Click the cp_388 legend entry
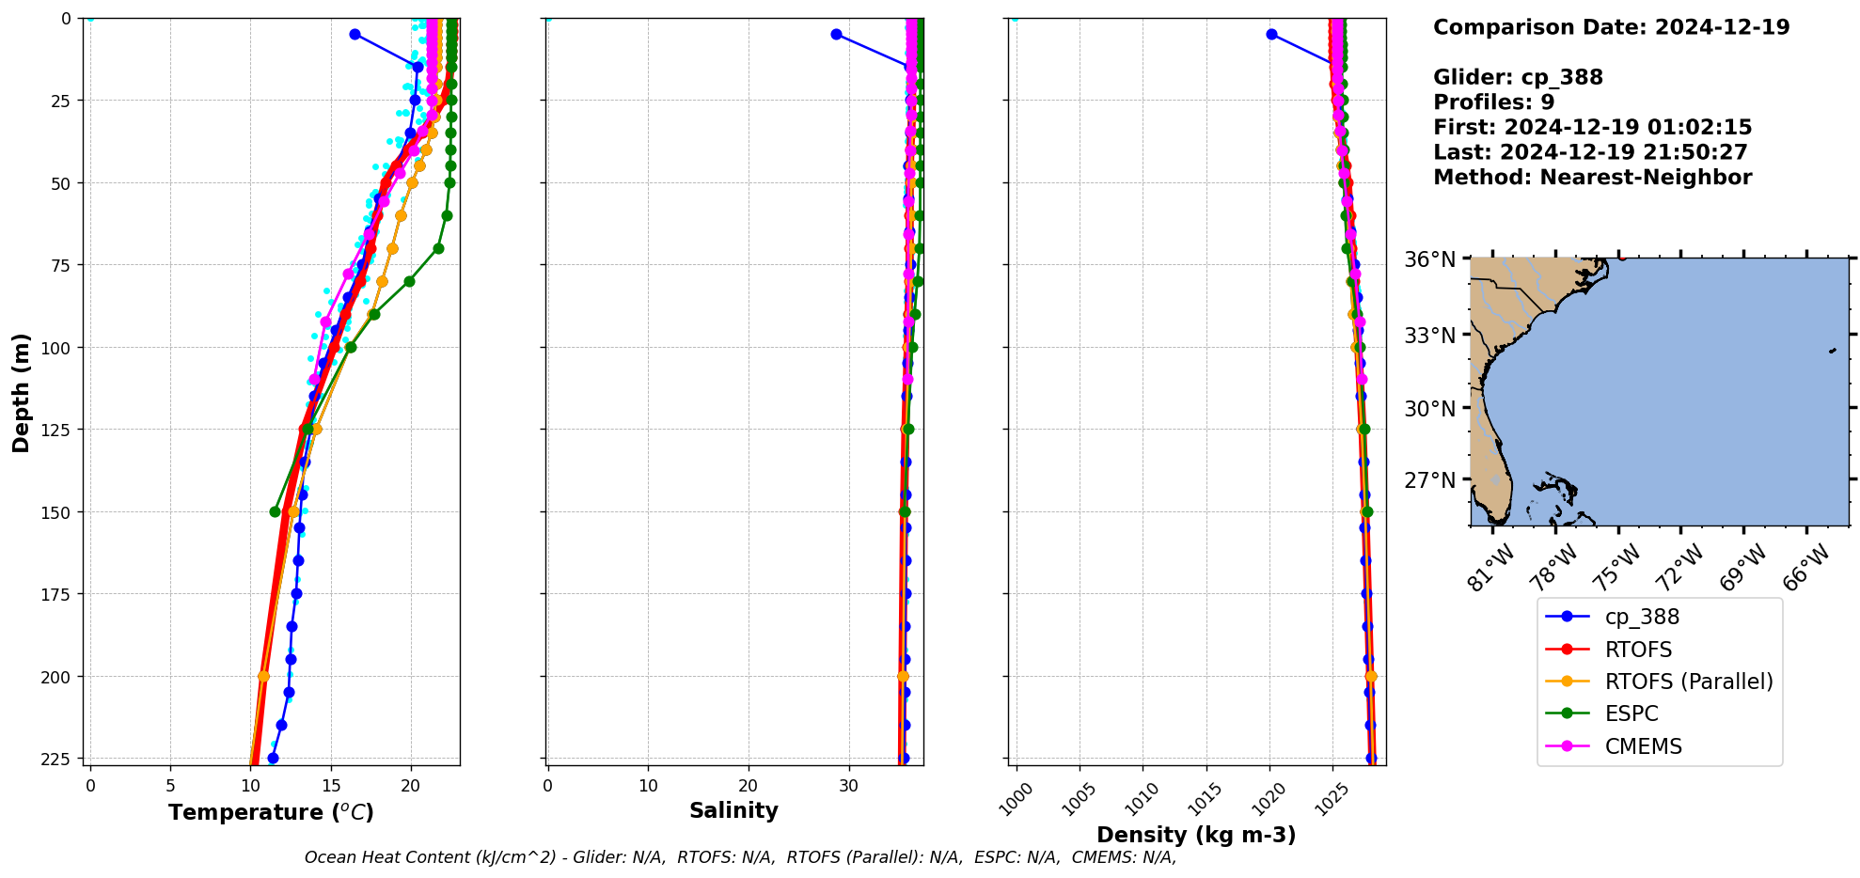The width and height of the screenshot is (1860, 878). tap(1641, 617)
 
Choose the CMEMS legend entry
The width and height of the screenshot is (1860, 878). tap(1643, 746)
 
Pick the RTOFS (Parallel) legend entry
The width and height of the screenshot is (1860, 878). tap(1688, 682)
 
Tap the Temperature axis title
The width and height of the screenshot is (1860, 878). tap(271, 812)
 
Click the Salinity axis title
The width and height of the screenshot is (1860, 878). tap(733, 810)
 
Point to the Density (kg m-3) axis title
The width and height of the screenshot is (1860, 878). tap(1196, 835)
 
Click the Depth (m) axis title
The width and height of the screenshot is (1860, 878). tap(21, 393)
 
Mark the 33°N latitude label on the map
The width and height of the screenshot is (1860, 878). tap(1429, 336)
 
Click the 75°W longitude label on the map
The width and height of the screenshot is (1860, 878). tap(1616, 568)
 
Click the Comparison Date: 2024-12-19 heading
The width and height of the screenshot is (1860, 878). tap(1611, 27)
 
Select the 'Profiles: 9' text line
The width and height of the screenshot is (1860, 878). tap(1493, 102)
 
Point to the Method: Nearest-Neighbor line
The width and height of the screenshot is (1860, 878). tap(1592, 178)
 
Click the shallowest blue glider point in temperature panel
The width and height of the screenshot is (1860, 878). tap(355, 34)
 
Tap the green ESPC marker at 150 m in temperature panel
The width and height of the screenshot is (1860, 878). tap(275, 511)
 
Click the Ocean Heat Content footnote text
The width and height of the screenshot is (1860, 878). tap(740, 857)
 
